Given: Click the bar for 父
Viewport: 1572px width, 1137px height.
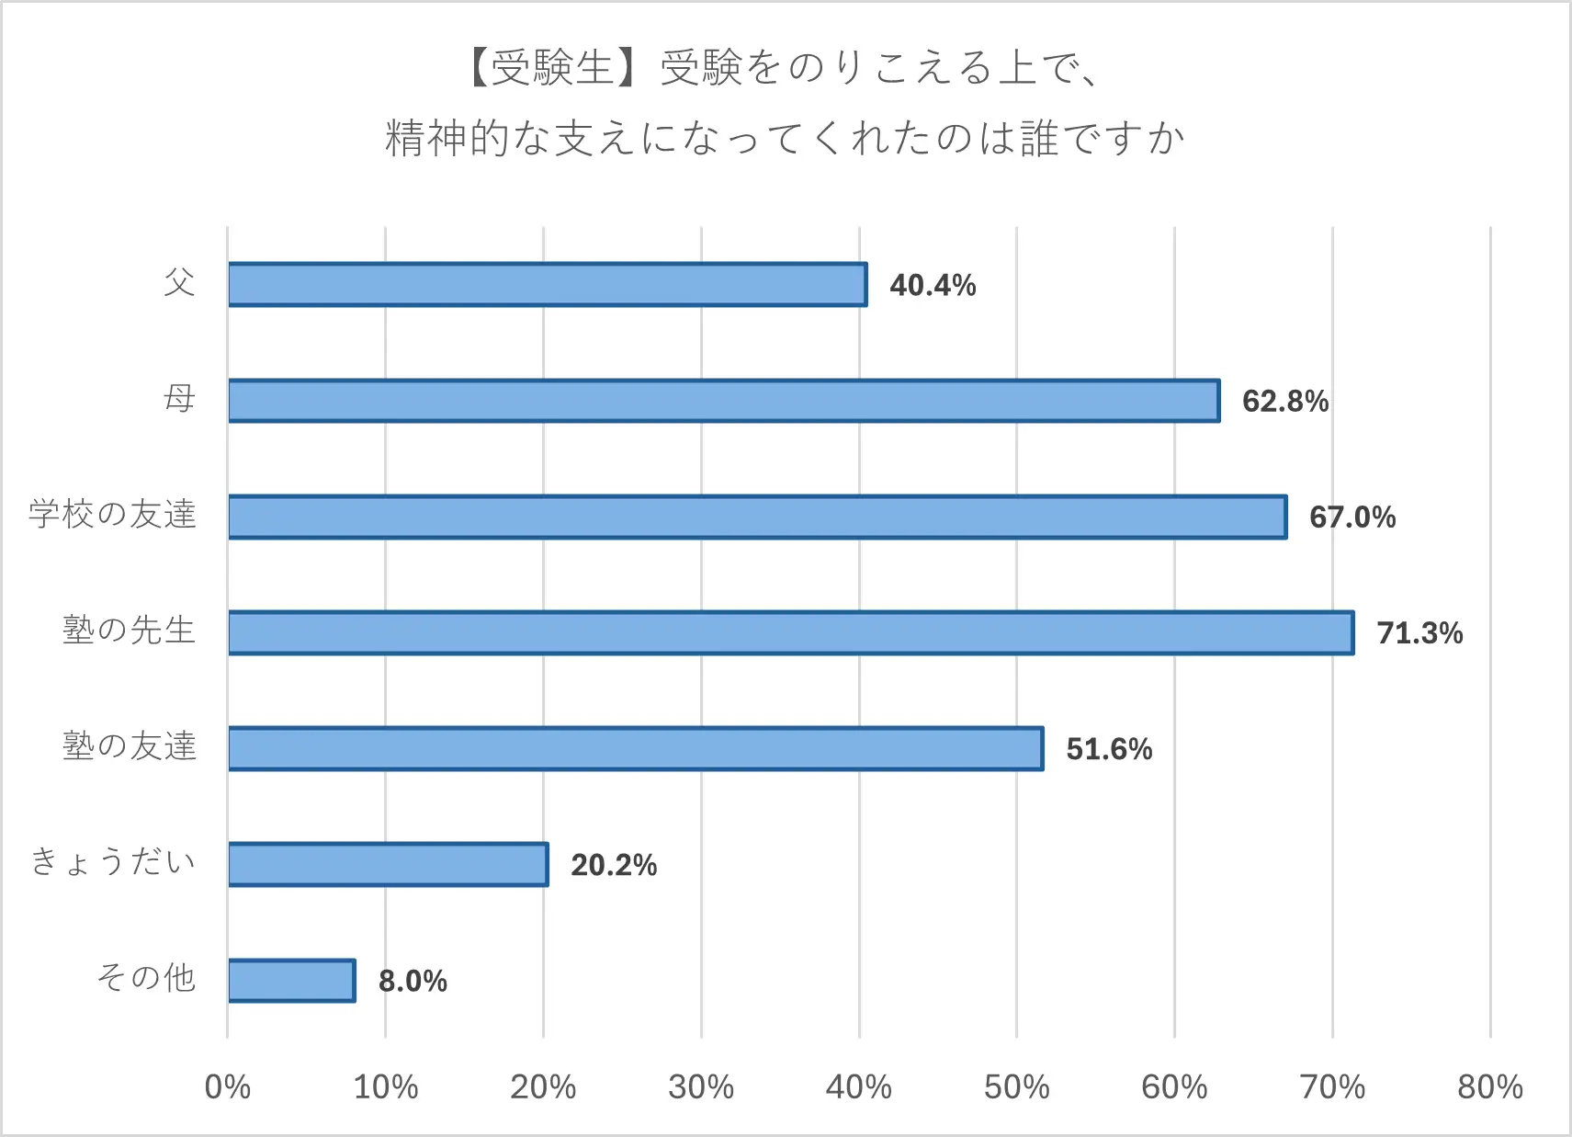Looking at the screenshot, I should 547,284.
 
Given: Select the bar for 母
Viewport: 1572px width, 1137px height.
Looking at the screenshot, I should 724,401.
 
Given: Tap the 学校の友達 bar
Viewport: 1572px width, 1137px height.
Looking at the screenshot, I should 757,517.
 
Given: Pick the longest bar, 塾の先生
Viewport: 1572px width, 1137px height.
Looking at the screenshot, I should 790,632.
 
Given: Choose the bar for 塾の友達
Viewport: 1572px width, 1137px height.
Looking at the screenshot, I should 636,748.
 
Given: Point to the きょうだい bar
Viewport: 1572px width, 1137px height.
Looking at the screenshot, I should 388,864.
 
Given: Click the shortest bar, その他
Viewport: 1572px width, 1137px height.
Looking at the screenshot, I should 291,980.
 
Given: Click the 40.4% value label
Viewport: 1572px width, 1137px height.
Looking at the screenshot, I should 933,285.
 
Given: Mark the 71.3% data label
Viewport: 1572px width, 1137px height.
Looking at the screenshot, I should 1419,632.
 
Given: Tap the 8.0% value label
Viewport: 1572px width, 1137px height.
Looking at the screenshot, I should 413,981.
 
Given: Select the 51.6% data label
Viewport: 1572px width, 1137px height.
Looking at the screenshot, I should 1109,749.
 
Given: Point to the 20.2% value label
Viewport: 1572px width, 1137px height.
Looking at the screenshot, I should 614,865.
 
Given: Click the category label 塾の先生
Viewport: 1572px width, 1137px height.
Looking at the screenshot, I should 129,631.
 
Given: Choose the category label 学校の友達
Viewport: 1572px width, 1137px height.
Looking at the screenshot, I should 112,514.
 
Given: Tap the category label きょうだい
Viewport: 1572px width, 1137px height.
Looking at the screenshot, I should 112,862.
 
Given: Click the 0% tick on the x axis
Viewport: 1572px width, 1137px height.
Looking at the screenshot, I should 228,1087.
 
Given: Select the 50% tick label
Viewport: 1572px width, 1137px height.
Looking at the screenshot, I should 1016,1087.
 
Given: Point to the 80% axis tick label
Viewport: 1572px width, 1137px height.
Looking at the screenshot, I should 1489,1087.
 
